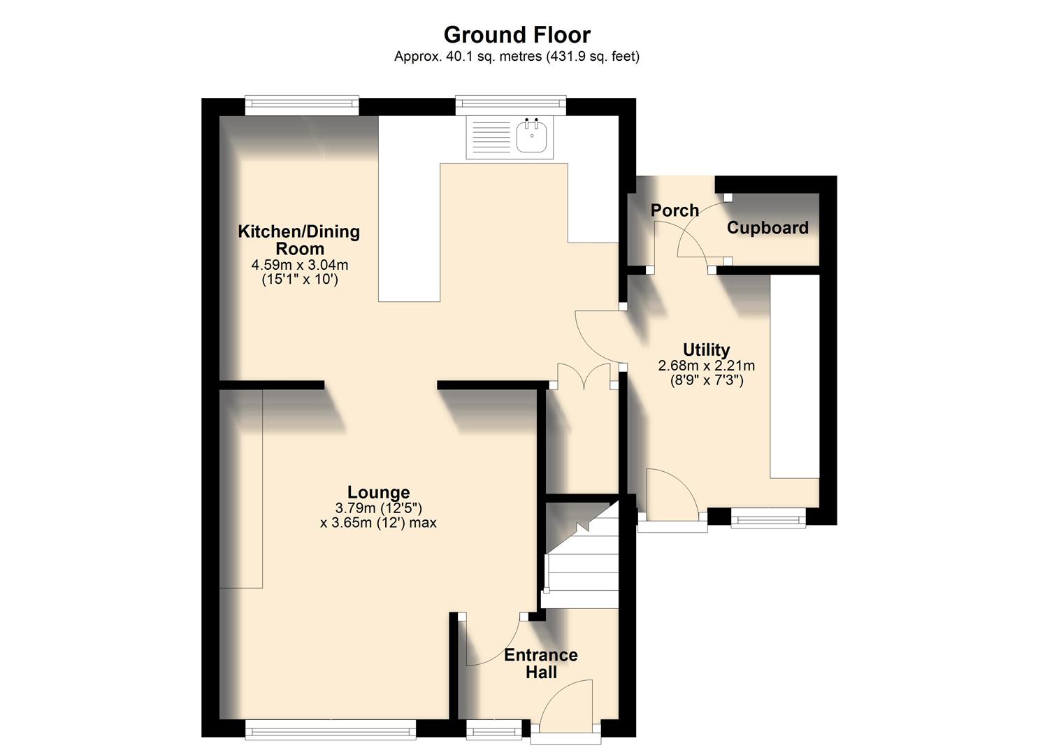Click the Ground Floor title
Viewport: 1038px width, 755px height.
pyautogui.click(x=517, y=34)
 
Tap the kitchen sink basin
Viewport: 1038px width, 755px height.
pyautogui.click(x=533, y=136)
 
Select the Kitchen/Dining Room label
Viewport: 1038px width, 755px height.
pyautogui.click(x=298, y=240)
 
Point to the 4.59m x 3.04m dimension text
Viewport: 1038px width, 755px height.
pyautogui.click(x=299, y=265)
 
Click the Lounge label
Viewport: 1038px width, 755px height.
pyautogui.click(x=378, y=492)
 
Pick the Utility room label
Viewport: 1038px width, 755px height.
pyautogui.click(x=706, y=350)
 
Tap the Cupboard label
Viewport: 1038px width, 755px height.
pyautogui.click(x=767, y=228)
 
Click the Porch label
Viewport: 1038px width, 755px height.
pyautogui.click(x=675, y=210)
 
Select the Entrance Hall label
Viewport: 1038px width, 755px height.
pyautogui.click(x=540, y=663)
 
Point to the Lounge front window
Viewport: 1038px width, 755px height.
pyautogui.click(x=330, y=731)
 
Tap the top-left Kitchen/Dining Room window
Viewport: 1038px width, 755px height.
pyautogui.click(x=302, y=106)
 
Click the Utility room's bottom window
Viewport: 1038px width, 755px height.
pyautogui.click(x=767, y=518)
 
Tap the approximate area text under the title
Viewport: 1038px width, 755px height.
pyautogui.click(x=517, y=57)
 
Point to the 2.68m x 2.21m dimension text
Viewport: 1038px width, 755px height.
pyautogui.click(x=706, y=366)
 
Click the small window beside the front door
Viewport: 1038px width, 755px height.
pyautogui.click(x=494, y=732)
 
